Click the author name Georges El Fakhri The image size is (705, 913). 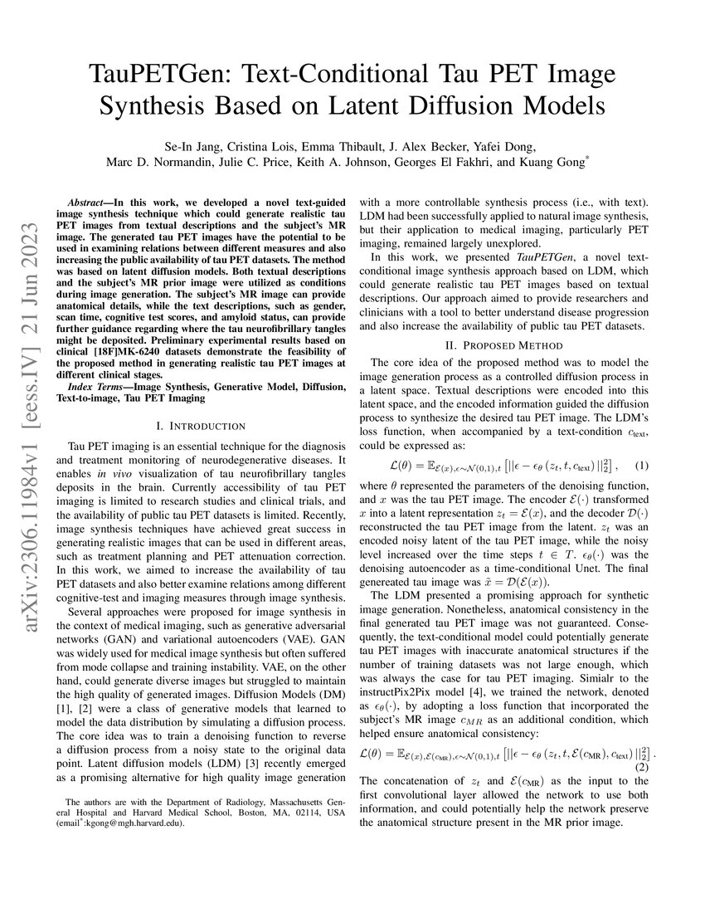(x=462, y=162)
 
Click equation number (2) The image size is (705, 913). (x=643, y=767)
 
